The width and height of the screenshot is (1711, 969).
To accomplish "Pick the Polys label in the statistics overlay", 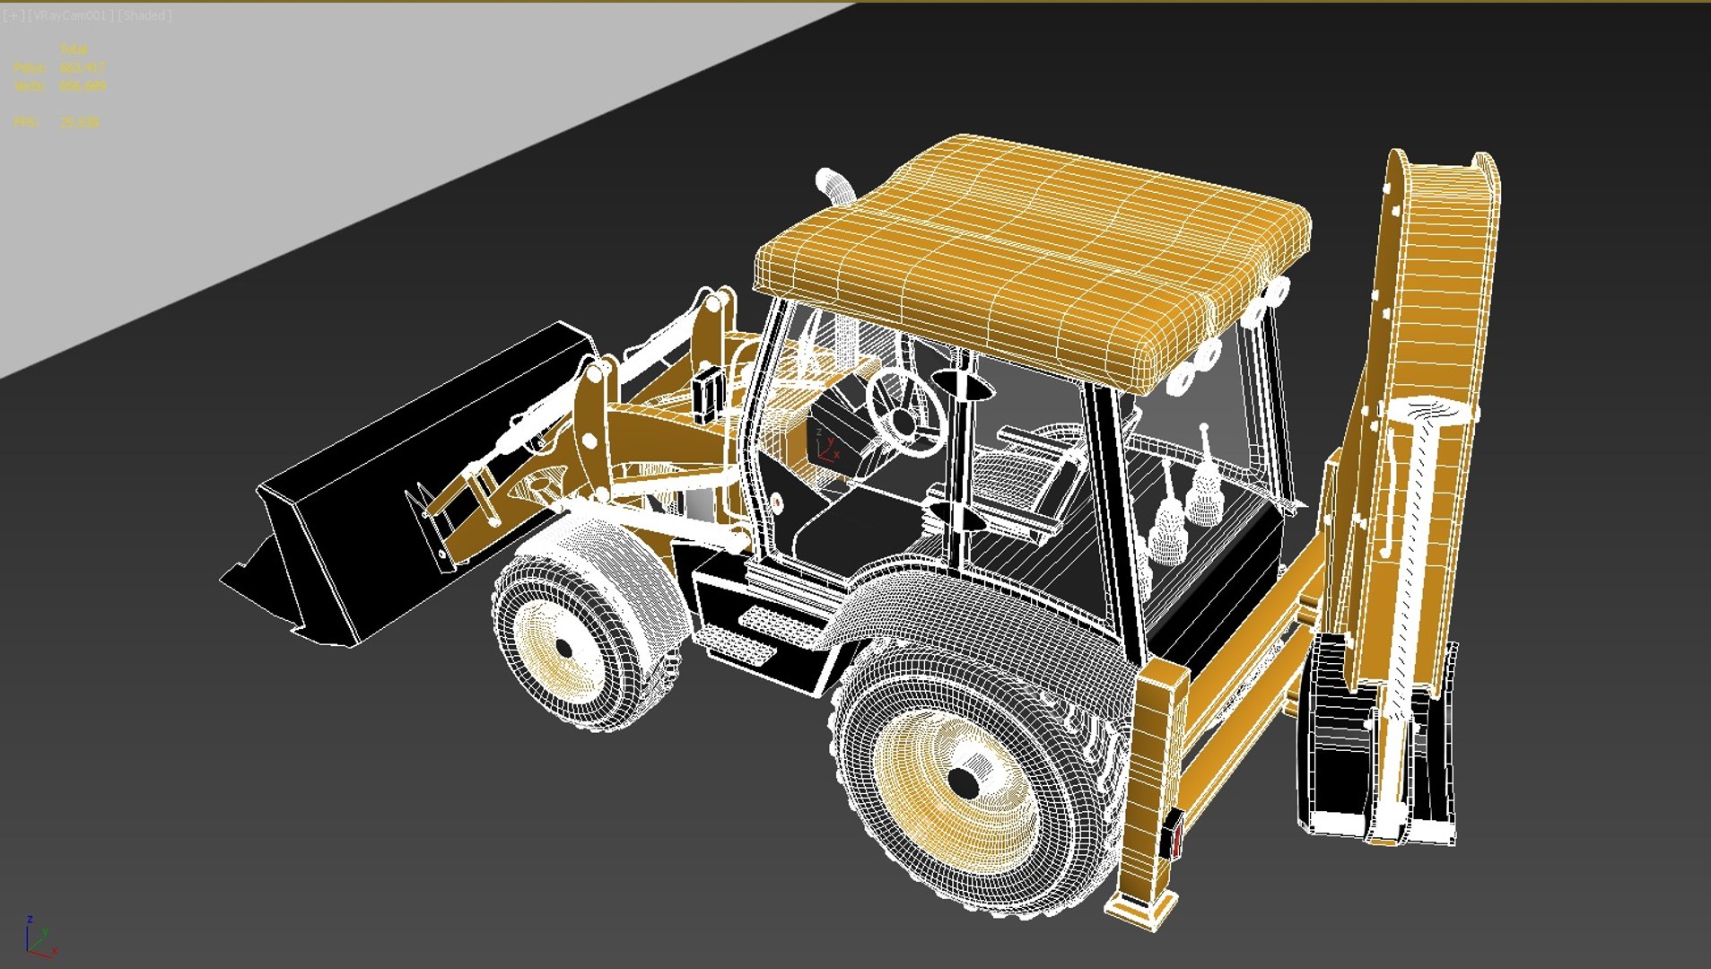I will pos(29,68).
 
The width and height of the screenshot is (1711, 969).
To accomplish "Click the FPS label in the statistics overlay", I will pos(26,122).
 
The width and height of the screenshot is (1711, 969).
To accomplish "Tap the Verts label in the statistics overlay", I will pos(29,86).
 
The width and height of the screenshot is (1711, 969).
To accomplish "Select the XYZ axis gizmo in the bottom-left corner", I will pos(39,938).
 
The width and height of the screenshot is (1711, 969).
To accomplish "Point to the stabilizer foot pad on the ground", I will pos(1139,911).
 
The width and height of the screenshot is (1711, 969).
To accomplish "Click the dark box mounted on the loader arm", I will pos(707,392).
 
